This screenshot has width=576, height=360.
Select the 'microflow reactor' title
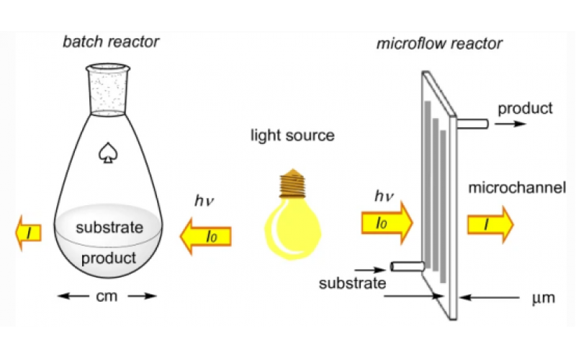[439, 44]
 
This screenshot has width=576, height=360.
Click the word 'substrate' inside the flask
[110, 228]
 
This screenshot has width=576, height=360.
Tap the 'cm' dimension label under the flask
[107, 295]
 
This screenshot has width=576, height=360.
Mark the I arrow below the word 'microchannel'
[490, 224]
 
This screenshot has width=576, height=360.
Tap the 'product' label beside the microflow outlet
[525, 108]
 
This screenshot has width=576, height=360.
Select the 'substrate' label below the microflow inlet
[352, 282]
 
